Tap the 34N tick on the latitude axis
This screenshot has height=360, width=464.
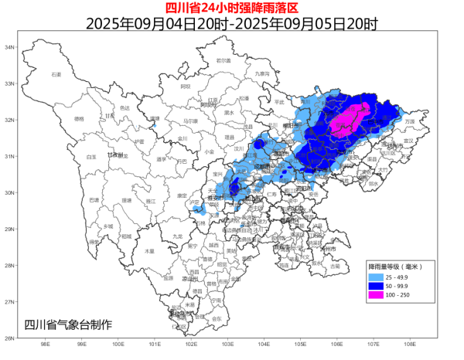pos(11,48)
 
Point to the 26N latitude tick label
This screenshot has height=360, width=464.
pos(11,338)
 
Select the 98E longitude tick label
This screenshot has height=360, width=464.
pos(45,345)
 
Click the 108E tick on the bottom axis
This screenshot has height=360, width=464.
pos(409,345)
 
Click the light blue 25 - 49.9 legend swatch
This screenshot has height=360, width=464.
pos(377,276)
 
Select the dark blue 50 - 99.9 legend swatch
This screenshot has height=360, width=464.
pos(377,285)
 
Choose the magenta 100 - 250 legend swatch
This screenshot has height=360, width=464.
pos(377,294)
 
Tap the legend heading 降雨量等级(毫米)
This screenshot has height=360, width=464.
pos(394,266)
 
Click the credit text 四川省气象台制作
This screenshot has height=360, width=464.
pos(68,324)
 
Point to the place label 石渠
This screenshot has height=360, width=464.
pos(56,74)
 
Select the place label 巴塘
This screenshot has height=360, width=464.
pos(94,200)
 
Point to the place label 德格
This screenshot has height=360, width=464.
pos(79,119)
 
